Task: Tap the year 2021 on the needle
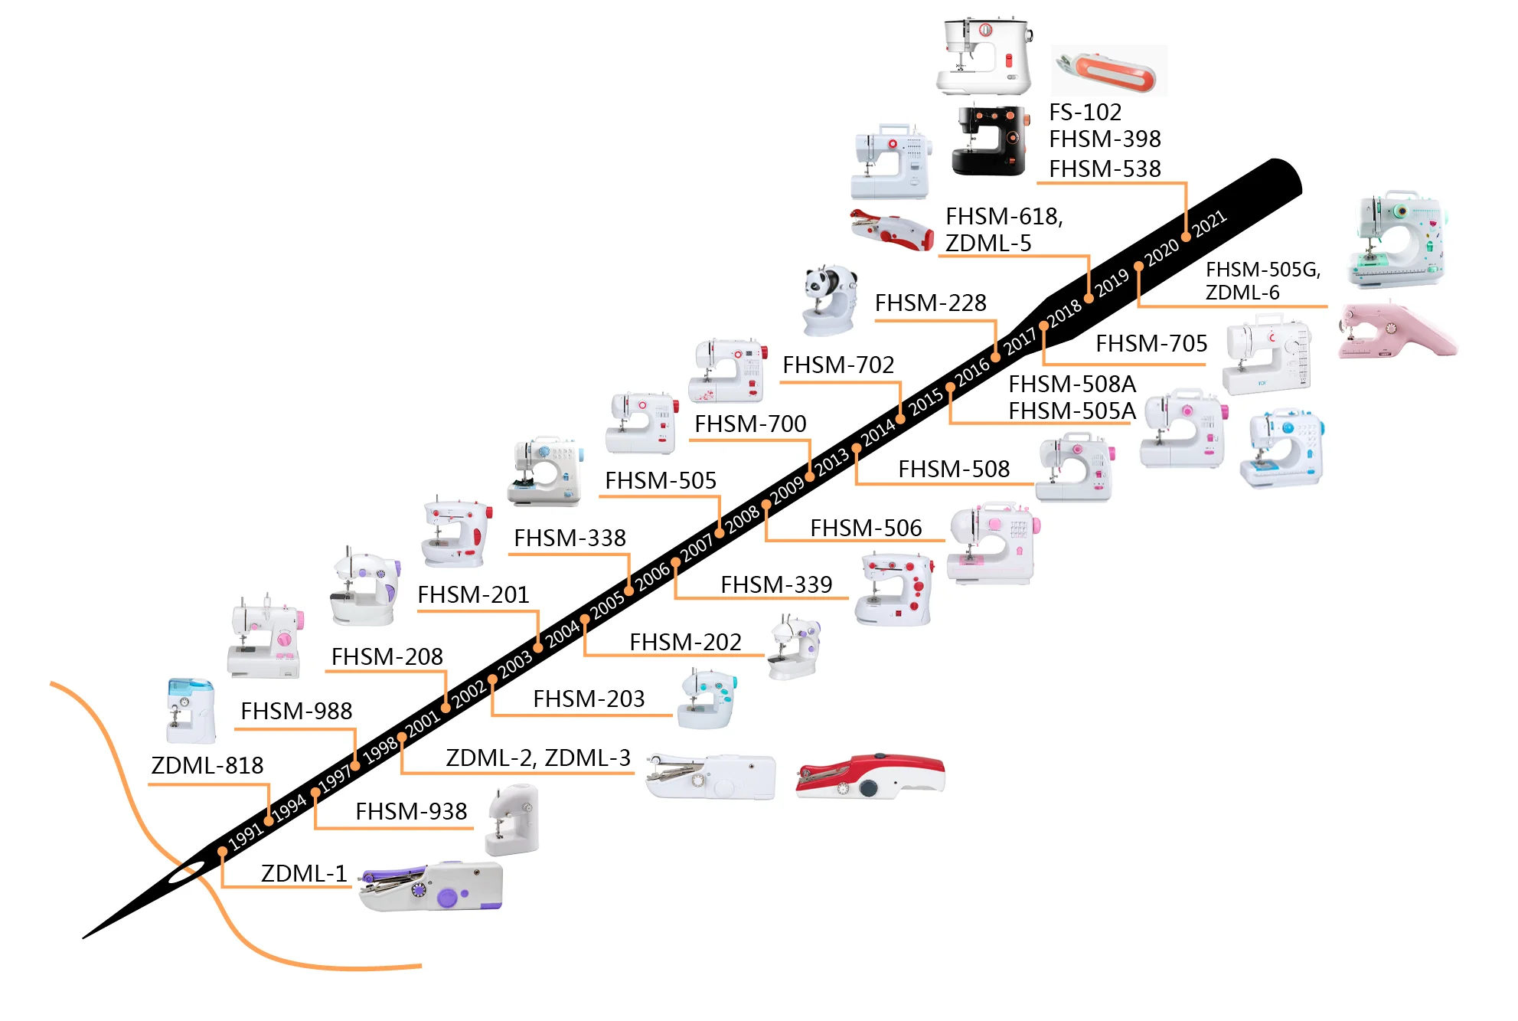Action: pyautogui.click(x=1210, y=223)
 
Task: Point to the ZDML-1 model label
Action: pyautogui.click(x=304, y=873)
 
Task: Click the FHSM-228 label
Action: pyautogui.click(x=930, y=303)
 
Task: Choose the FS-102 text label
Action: pyautogui.click(x=1085, y=113)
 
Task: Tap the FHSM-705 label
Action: pyautogui.click(x=1151, y=344)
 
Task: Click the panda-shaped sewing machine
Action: pyautogui.click(x=829, y=299)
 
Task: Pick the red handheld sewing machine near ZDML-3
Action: pyautogui.click(x=870, y=776)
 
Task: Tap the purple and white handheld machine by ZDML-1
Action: pyautogui.click(x=432, y=886)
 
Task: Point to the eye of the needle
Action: pyautogui.click(x=185, y=872)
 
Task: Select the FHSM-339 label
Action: pyautogui.click(x=776, y=585)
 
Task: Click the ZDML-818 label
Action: pyautogui.click(x=207, y=766)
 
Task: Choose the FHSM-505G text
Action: pyautogui.click(x=1263, y=270)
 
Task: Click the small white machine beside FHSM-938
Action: pyautogui.click(x=512, y=821)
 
